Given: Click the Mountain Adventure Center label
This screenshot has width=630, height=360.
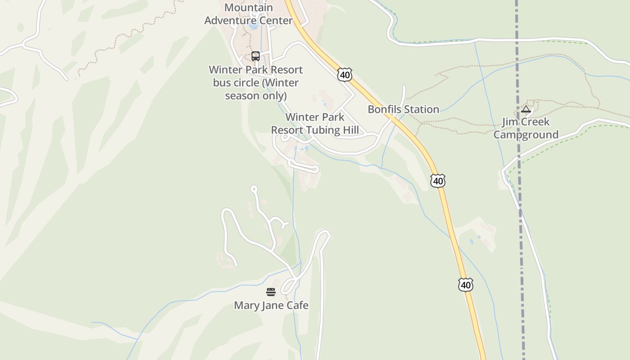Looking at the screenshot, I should click(x=248, y=14).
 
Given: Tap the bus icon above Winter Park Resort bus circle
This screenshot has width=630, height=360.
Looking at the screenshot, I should click(x=256, y=56).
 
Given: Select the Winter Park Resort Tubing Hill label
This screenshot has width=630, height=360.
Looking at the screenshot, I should click(x=315, y=124).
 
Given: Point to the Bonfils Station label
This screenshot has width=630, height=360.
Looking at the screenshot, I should click(x=403, y=109).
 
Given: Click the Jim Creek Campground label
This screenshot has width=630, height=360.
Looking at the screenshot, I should click(x=526, y=128).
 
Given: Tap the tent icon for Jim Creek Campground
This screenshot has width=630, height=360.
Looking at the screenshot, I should click(x=526, y=109).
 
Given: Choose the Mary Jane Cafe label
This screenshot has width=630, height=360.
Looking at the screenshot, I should click(x=271, y=306).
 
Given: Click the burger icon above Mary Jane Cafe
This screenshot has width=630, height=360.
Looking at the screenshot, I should click(x=270, y=292).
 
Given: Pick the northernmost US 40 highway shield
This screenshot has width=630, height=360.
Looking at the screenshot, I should click(x=345, y=75).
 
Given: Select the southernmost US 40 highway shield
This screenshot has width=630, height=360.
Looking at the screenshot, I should click(x=466, y=285).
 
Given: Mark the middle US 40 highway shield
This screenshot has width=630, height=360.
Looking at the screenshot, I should click(x=437, y=181).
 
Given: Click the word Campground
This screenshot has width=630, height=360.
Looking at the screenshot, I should click(x=526, y=135).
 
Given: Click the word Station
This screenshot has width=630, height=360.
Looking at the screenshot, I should click(x=421, y=109).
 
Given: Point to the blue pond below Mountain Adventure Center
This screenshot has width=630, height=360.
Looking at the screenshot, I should click(x=253, y=25).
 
